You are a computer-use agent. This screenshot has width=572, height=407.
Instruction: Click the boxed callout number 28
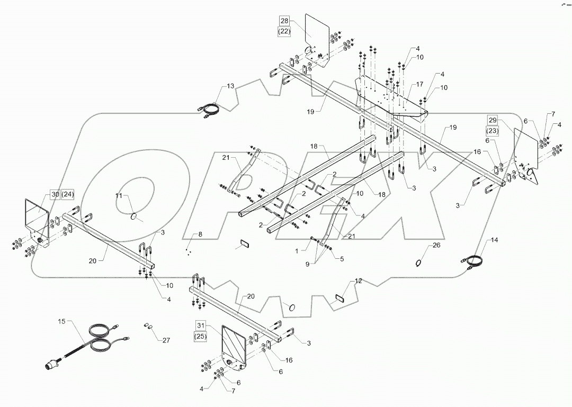(284, 21)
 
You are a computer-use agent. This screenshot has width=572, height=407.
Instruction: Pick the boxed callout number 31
(200, 324)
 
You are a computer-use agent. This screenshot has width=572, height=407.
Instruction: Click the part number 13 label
(230, 86)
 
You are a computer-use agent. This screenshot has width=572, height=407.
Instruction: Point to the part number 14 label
(494, 240)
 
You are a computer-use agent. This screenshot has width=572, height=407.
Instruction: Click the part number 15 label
(61, 321)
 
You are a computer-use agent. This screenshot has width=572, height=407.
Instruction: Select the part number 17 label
(419, 84)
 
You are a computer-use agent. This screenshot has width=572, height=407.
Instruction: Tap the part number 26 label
(436, 245)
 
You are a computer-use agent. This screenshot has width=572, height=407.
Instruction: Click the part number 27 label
(166, 340)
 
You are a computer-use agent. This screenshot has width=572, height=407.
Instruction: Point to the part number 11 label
(119, 196)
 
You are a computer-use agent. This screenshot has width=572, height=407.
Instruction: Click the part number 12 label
(359, 281)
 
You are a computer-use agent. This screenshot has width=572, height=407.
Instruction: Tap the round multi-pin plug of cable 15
(51, 366)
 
